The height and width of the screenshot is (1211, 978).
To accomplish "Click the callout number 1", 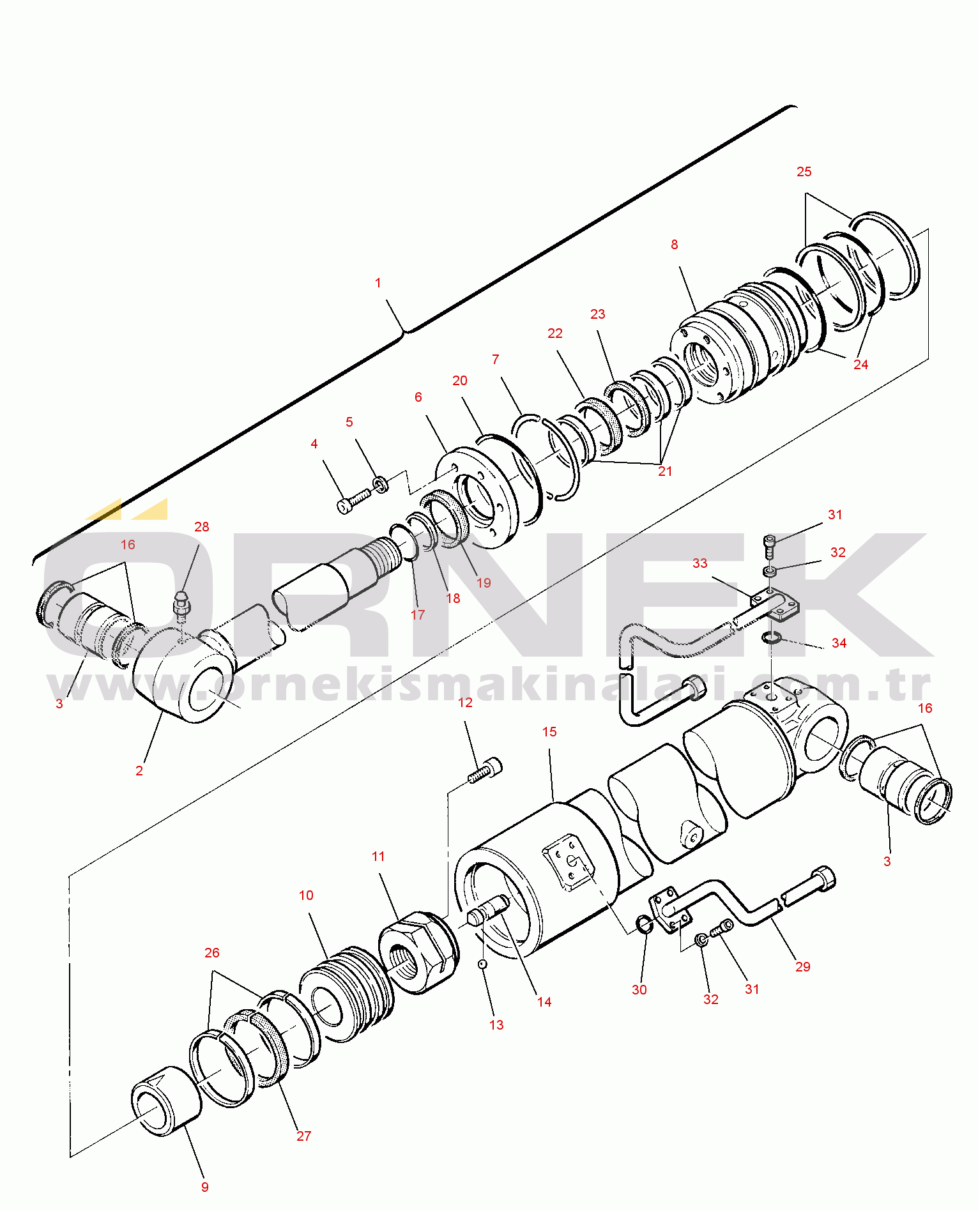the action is click(x=378, y=283).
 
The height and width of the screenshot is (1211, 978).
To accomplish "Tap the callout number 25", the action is click(x=804, y=172).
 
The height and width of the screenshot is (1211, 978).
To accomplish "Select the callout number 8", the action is click(x=675, y=245).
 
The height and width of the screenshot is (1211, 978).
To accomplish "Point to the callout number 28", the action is click(x=202, y=527).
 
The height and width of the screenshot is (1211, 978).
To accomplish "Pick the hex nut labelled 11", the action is click(x=418, y=952).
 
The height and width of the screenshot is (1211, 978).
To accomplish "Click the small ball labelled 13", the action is click(x=483, y=964).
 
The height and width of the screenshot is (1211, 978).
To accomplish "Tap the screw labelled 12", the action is click(x=485, y=770).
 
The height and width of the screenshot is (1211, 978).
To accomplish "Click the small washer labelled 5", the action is click(x=381, y=484).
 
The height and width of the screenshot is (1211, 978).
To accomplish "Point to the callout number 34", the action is click(x=839, y=643).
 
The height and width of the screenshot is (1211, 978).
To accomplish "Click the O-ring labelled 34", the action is click(x=772, y=638).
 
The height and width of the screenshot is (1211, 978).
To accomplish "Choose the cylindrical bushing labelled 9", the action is click(x=166, y=1100).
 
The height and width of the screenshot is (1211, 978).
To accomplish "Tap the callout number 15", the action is click(x=550, y=732).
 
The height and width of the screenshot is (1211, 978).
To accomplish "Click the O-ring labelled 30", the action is click(x=645, y=924).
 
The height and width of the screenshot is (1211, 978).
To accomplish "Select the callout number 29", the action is click(x=803, y=967).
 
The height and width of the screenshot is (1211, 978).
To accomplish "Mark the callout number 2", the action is click(x=139, y=771).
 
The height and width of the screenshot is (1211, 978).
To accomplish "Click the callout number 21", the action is click(x=666, y=471).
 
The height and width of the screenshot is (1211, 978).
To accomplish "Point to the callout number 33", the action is click(x=700, y=563).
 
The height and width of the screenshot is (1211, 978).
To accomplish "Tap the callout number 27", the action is click(x=304, y=1136).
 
